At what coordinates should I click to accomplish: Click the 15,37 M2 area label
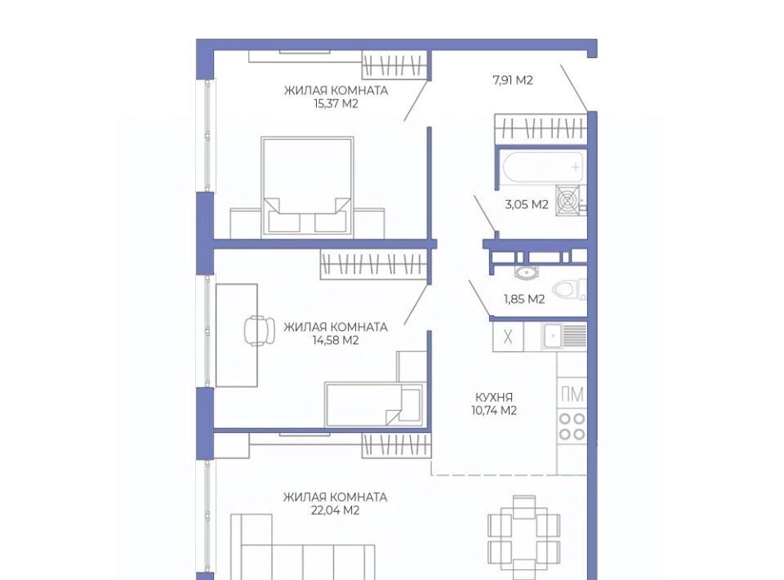(336, 104)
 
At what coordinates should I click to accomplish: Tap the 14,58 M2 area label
(336, 341)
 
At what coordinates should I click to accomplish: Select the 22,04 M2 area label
(335, 511)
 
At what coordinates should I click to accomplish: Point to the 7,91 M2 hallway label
(513, 80)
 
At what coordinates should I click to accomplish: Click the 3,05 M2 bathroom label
(527, 204)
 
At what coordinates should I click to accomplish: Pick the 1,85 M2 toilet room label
(524, 299)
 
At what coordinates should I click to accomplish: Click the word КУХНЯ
(494, 398)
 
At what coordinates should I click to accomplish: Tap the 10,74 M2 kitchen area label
(493, 411)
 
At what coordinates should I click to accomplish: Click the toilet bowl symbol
(569, 289)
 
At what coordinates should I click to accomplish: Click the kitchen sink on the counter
(564, 335)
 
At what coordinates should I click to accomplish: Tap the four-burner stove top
(572, 426)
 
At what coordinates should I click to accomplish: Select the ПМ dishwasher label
(572, 395)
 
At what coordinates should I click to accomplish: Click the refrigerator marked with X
(507, 337)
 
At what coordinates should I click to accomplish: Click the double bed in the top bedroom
(307, 186)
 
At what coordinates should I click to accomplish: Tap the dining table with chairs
(524, 538)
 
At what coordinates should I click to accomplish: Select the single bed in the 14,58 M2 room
(375, 404)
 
